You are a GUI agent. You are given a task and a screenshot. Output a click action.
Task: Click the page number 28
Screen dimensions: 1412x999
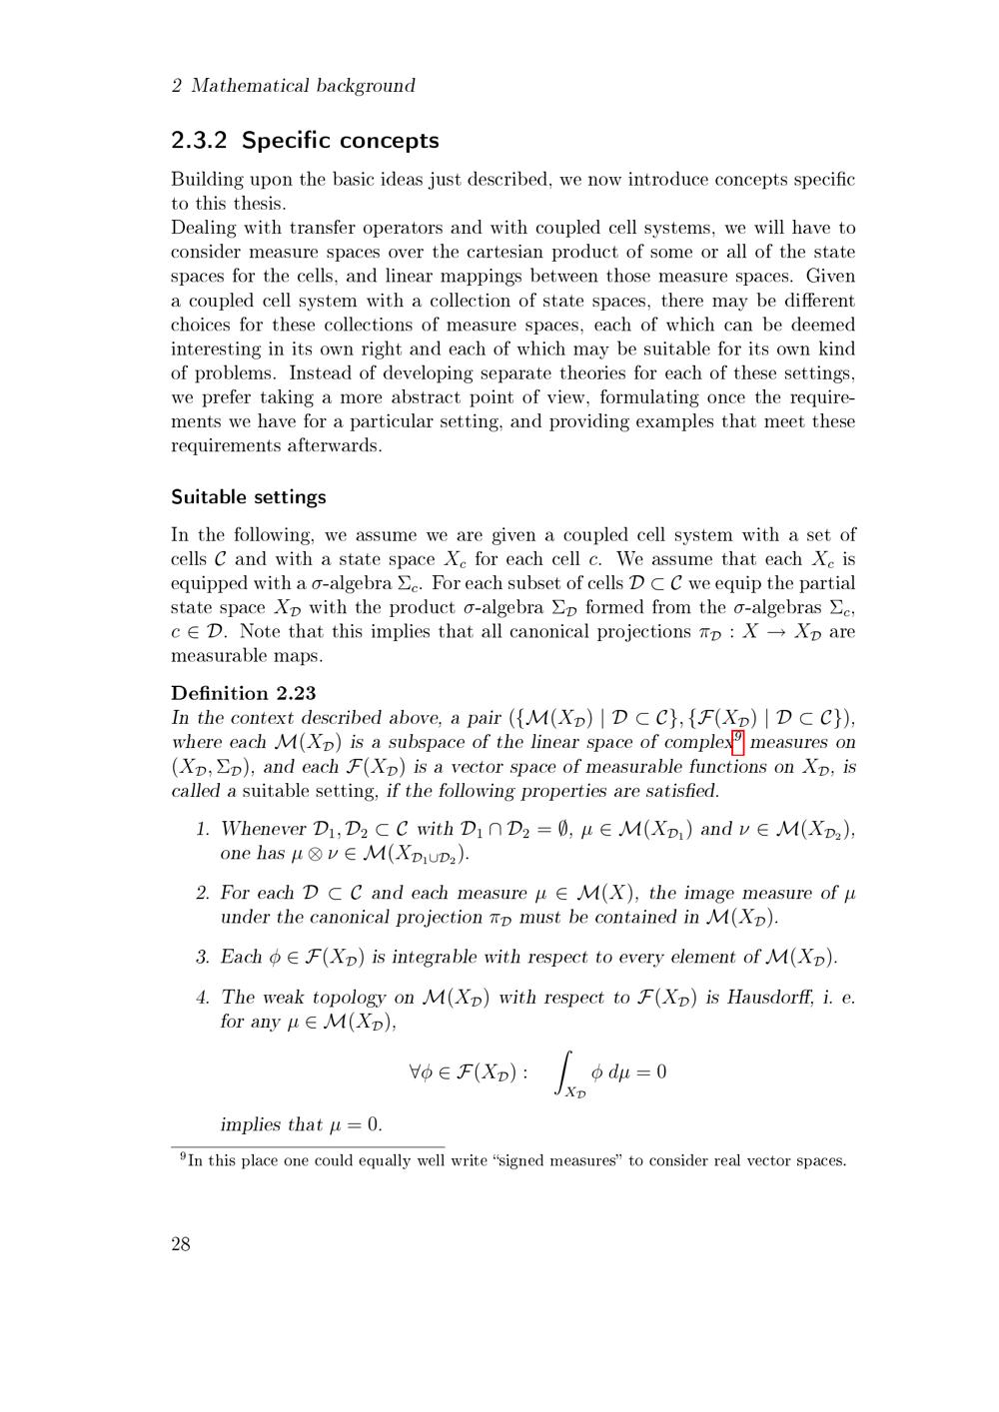pyautogui.click(x=181, y=1243)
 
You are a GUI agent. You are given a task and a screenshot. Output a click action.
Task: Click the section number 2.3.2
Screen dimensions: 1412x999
pyautogui.click(x=200, y=141)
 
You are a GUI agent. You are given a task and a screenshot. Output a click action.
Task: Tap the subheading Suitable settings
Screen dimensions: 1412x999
pyautogui.click(x=249, y=497)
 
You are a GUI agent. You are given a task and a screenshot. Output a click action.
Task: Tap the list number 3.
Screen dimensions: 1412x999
pyautogui.click(x=202, y=958)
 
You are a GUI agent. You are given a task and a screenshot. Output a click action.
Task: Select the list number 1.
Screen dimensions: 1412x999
pyautogui.click(x=202, y=829)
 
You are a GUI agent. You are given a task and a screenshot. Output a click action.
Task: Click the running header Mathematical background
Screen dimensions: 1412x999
pyautogui.click(x=303, y=86)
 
